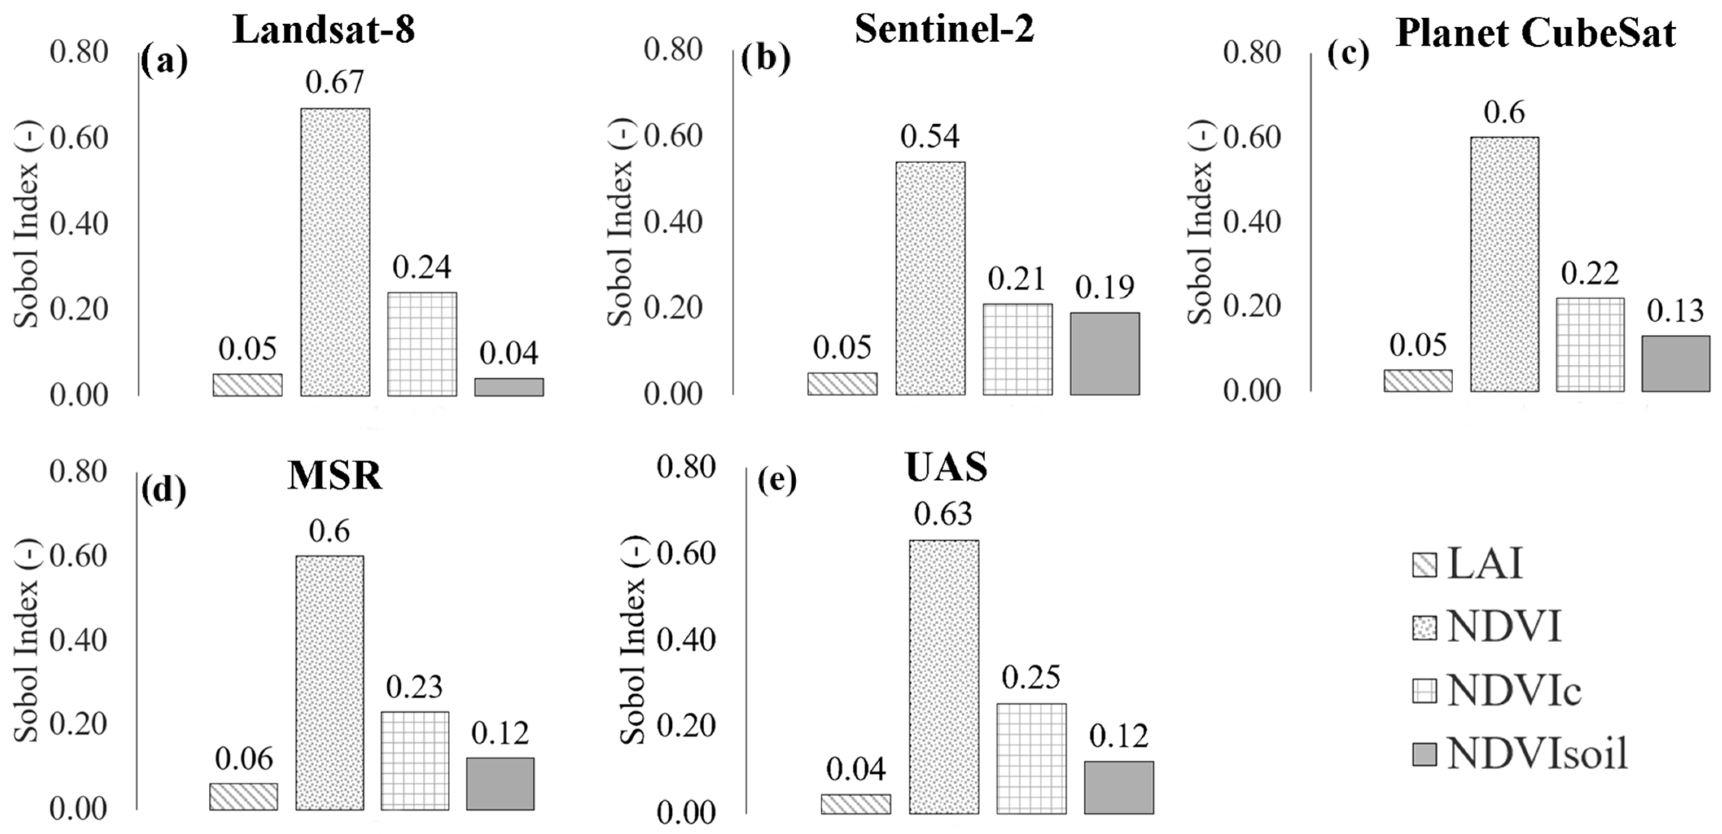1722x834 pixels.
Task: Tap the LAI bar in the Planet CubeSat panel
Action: pos(1418,380)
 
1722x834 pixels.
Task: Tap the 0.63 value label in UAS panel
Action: pos(943,514)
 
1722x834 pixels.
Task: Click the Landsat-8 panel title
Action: pos(324,30)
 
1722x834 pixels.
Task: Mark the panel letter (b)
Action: pos(765,59)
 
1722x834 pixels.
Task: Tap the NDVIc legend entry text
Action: pos(1514,691)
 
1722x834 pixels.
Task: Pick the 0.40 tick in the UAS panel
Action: pos(686,640)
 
